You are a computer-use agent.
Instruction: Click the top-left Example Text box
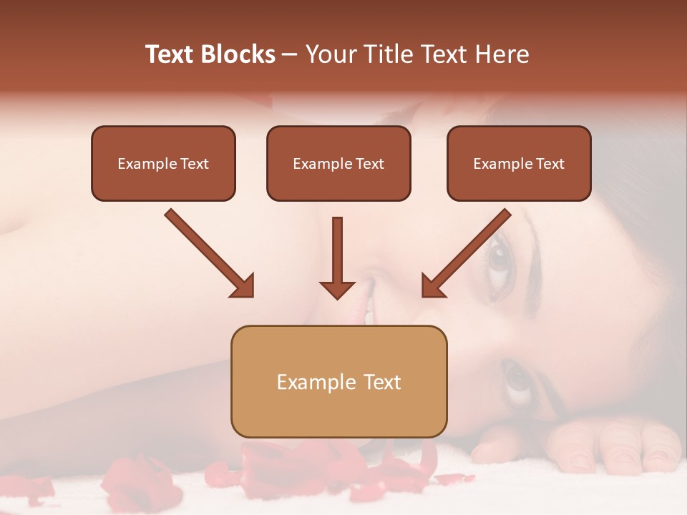click(163, 164)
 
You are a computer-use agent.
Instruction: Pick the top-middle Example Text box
click(338, 164)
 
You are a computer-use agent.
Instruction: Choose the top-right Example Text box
click(519, 164)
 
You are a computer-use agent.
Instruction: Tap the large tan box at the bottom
click(338, 381)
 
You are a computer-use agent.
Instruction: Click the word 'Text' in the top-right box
click(550, 164)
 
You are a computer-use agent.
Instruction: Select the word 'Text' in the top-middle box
click(370, 164)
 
